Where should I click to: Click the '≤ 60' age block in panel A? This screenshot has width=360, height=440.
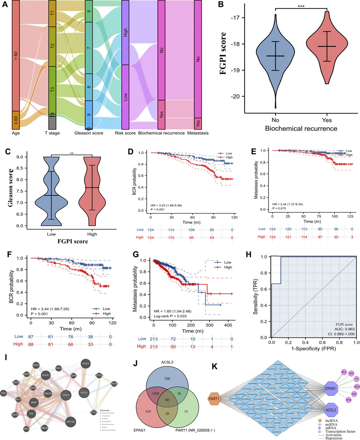(x=16, y=120)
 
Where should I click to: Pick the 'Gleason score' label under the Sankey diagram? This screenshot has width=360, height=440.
(x=88, y=133)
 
